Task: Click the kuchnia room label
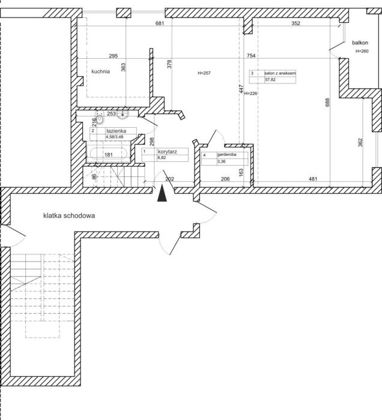(100, 71)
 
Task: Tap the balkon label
(360, 43)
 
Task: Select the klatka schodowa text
(69, 215)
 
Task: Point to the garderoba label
(226, 155)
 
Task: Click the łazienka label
(116, 131)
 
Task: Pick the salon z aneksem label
(280, 73)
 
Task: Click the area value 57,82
(270, 80)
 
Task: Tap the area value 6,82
(162, 158)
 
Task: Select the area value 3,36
(222, 161)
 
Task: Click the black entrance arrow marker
(162, 193)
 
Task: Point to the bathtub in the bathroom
(108, 154)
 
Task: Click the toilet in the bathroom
(100, 119)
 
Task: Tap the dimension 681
(160, 23)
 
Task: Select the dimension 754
(251, 56)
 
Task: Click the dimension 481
(313, 179)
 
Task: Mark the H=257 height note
(204, 73)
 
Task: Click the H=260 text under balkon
(362, 51)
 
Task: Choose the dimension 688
(327, 103)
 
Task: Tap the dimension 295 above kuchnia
(114, 56)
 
